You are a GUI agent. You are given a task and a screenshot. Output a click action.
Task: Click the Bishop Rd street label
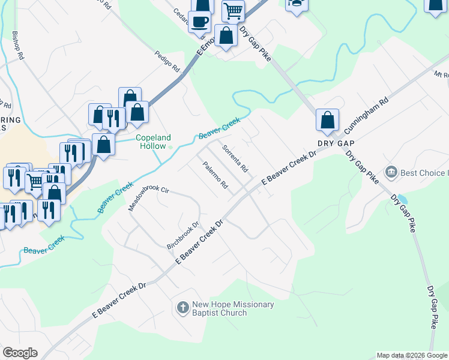coord(18,44)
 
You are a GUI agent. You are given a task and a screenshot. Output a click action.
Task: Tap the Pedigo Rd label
coord(167,61)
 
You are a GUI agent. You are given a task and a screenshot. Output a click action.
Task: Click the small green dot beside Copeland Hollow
coord(170,146)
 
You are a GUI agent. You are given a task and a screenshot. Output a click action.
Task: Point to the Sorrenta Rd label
coord(235,158)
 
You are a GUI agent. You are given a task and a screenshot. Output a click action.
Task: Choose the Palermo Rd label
coord(215,175)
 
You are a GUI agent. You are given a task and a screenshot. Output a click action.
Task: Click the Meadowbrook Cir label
coord(150,199)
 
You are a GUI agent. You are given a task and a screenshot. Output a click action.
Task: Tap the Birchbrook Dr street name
coord(183,236)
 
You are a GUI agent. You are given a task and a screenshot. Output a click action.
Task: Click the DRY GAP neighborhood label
coord(337,144)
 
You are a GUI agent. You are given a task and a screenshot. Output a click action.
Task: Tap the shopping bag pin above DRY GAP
coord(327,120)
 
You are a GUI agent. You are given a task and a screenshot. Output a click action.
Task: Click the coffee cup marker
coord(199,22)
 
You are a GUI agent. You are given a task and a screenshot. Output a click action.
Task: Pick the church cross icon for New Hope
coord(183,308)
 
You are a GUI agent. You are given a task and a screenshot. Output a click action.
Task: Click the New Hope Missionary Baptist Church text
coord(233,308)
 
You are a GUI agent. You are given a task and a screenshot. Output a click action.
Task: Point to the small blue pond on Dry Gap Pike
coord(401,199)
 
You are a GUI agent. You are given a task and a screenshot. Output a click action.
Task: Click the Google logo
coord(20,353)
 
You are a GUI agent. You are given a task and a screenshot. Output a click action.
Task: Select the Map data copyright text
coord(412,355)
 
